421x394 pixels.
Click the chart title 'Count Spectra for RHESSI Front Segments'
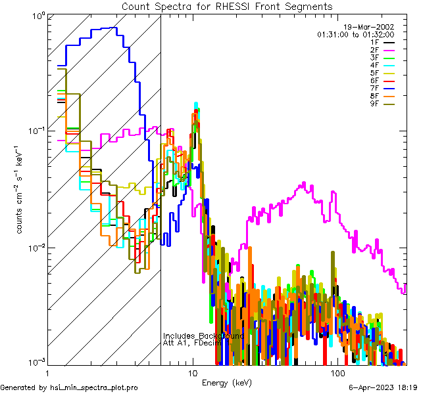click(x=227, y=6)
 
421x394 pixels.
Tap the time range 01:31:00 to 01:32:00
click(x=355, y=34)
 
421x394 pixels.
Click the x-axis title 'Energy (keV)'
click(x=227, y=383)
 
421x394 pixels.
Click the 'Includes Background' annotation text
click(x=203, y=336)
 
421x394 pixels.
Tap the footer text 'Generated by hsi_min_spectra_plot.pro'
click(x=69, y=388)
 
